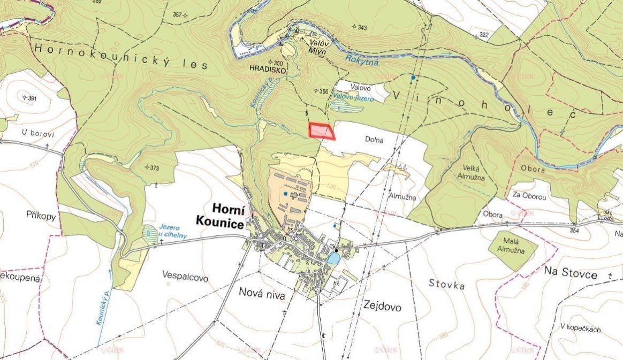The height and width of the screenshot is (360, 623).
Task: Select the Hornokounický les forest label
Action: [x=121, y=57]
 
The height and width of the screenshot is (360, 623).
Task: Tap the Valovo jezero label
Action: [x=346, y=96]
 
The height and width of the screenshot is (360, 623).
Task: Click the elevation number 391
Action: [x=31, y=98]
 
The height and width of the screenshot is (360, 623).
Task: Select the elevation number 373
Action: [x=154, y=168]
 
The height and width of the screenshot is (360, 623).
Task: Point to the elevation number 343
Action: [x=361, y=27]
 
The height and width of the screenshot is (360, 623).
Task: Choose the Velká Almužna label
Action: [x=471, y=170]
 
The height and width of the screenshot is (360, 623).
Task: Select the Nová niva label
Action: [x=262, y=295]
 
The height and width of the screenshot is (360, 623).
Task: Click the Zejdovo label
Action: [x=382, y=307]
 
